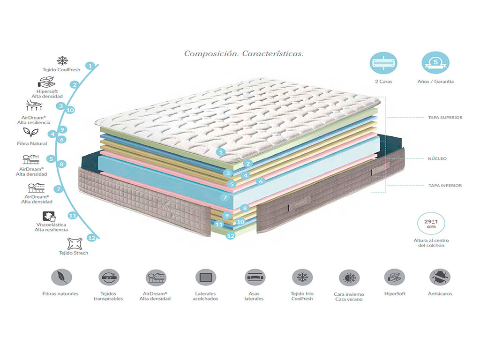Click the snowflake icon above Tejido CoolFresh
62,60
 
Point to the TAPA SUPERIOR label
445,118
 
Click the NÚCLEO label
437,158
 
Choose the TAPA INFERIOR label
445,186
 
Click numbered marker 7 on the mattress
225,198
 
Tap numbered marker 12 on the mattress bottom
230,236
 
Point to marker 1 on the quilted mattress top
222,152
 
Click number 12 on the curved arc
91,238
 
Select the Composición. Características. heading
243,53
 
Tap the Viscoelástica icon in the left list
48,216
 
